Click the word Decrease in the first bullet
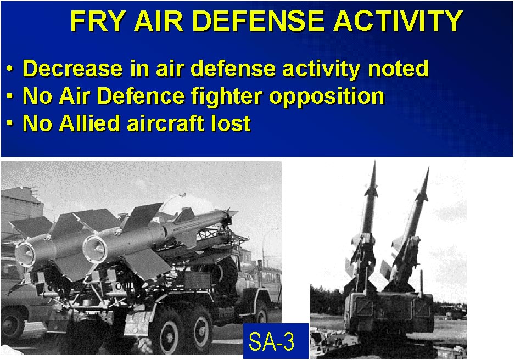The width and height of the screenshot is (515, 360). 72,69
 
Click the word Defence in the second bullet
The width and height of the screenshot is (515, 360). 141,96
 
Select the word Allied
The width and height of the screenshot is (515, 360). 89,123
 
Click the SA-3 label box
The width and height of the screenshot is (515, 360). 276,341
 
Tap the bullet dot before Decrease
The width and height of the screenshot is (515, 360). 10,69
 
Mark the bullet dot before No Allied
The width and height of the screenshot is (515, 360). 10,124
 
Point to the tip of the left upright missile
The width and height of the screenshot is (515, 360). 374,162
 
